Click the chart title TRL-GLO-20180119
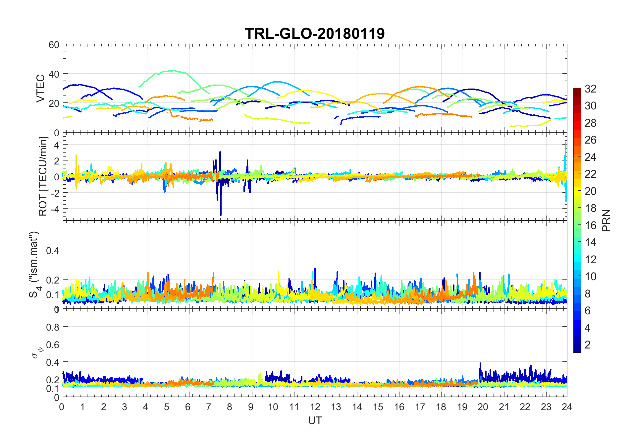[x=315, y=33]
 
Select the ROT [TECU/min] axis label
[x=43, y=176]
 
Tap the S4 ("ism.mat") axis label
[x=34, y=264]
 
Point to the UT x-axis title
[x=315, y=420]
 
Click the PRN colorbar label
[x=606, y=220]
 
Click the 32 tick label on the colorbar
[x=590, y=89]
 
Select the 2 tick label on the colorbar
[x=588, y=345]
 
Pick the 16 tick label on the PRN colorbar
[x=590, y=225]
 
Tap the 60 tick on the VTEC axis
[x=54, y=45]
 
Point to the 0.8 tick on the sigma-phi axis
[x=53, y=327]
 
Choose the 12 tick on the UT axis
[x=315, y=407]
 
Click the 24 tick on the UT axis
[x=567, y=407]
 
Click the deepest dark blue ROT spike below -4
[x=221, y=215]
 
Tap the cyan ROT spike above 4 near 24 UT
[x=565, y=143]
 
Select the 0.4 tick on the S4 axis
[x=53, y=250]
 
